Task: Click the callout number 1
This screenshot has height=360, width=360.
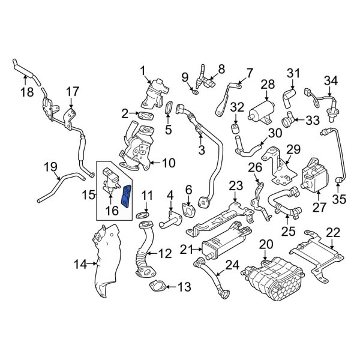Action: tap(143, 71)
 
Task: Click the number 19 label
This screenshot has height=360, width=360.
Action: tap(51, 167)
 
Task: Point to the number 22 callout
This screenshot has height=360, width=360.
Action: tap(333, 232)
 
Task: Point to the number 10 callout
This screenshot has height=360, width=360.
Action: tap(168, 161)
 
